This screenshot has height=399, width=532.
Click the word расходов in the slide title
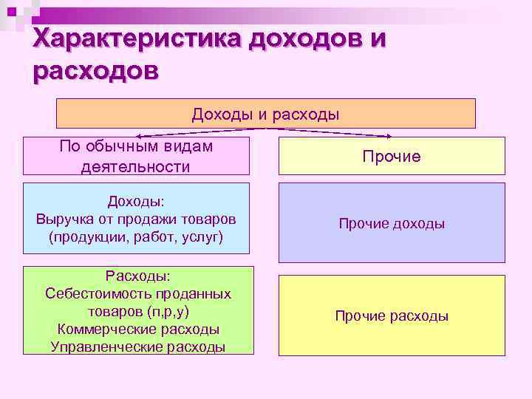pos(95,72)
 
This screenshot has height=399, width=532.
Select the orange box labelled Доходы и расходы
pos(266,114)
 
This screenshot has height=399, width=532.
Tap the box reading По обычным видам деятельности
pos(135,156)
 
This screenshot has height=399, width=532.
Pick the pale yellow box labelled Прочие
pos(392,156)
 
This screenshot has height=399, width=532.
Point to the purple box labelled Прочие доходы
pos(392,223)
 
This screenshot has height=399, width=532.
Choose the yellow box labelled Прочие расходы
pos(392,316)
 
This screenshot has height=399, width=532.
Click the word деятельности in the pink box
pos(135,167)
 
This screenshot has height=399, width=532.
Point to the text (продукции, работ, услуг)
pos(135,237)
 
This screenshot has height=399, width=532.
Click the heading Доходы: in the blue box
pos(136,202)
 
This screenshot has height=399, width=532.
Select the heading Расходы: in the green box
pos(137,276)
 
